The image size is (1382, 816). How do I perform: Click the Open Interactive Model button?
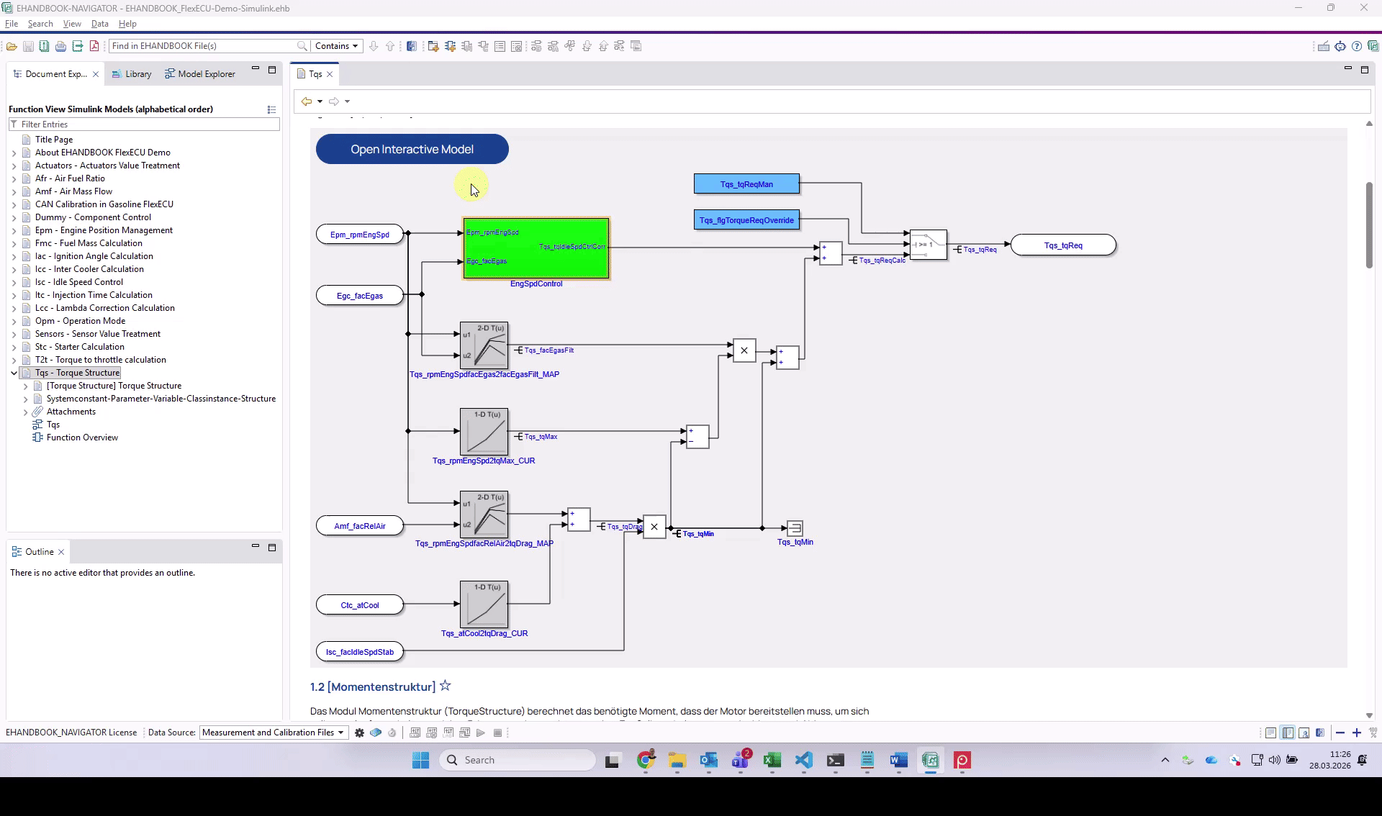click(412, 149)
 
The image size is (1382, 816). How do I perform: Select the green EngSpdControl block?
click(536, 248)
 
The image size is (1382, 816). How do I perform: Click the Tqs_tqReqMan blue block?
click(746, 184)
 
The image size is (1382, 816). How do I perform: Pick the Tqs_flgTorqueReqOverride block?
click(746, 220)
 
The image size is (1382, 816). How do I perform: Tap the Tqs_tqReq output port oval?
click(1063, 245)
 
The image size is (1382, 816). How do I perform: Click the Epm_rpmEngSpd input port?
click(359, 235)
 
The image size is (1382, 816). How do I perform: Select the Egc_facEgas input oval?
click(359, 296)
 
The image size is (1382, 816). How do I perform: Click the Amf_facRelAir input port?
click(359, 526)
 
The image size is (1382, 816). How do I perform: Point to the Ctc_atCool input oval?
click(359, 605)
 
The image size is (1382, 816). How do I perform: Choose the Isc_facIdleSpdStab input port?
click(359, 652)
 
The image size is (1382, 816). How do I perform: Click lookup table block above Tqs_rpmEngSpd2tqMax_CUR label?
click(484, 432)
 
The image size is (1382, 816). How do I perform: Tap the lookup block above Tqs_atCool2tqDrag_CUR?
click(484, 604)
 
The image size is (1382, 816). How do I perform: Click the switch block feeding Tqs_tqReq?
click(928, 245)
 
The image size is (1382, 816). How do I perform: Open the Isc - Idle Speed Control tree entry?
click(79, 282)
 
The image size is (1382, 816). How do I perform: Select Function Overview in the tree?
click(82, 438)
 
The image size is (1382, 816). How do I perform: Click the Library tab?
click(137, 74)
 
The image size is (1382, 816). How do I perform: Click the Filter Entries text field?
click(148, 124)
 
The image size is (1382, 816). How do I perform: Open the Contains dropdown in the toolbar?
click(336, 46)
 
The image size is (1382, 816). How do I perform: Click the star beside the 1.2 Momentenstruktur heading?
click(446, 686)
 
